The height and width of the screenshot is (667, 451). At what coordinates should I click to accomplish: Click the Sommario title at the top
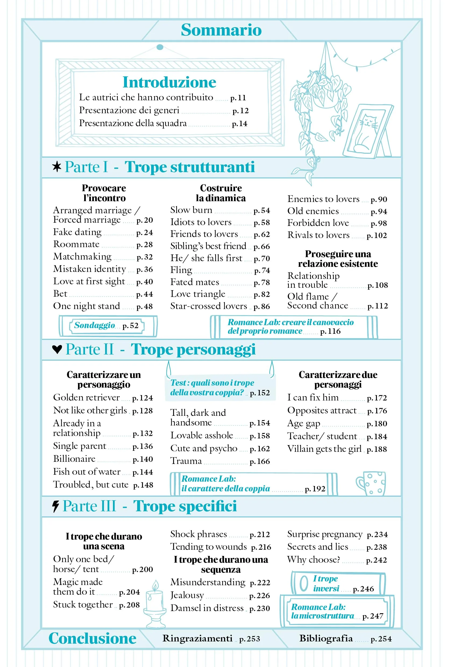221,30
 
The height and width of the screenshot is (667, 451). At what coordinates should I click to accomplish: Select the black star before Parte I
57,166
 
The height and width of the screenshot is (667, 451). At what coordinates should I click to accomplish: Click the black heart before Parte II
57,349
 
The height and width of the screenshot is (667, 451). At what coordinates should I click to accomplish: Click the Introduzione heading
169,82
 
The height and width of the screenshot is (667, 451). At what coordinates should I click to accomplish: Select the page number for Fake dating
144,232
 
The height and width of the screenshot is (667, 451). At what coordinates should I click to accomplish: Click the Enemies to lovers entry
323,199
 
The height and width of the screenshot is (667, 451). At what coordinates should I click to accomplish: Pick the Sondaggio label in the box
94,325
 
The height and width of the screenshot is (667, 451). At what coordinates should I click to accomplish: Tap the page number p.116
330,331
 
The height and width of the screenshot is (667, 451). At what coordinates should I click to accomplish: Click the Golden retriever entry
86,398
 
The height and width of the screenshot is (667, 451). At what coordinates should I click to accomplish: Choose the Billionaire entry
74,459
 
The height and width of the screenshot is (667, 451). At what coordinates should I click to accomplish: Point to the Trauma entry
186,461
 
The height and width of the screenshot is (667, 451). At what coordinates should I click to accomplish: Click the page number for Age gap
377,424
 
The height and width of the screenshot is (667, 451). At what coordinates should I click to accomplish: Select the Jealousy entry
187,595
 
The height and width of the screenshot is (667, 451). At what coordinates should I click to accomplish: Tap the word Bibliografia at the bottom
326,638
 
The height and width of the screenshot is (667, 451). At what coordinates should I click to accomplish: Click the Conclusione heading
93,638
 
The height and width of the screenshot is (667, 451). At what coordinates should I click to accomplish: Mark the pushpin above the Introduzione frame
160,47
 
